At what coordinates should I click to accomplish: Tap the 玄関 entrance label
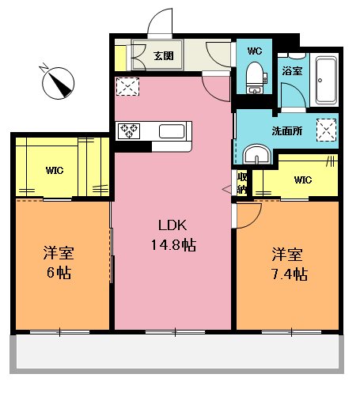click(164, 56)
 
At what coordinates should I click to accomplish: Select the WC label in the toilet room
click(254, 51)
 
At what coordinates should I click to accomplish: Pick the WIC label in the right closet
click(303, 179)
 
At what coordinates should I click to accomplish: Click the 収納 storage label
click(242, 183)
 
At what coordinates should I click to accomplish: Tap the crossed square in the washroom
click(325, 128)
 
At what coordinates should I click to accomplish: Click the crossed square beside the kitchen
click(125, 86)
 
